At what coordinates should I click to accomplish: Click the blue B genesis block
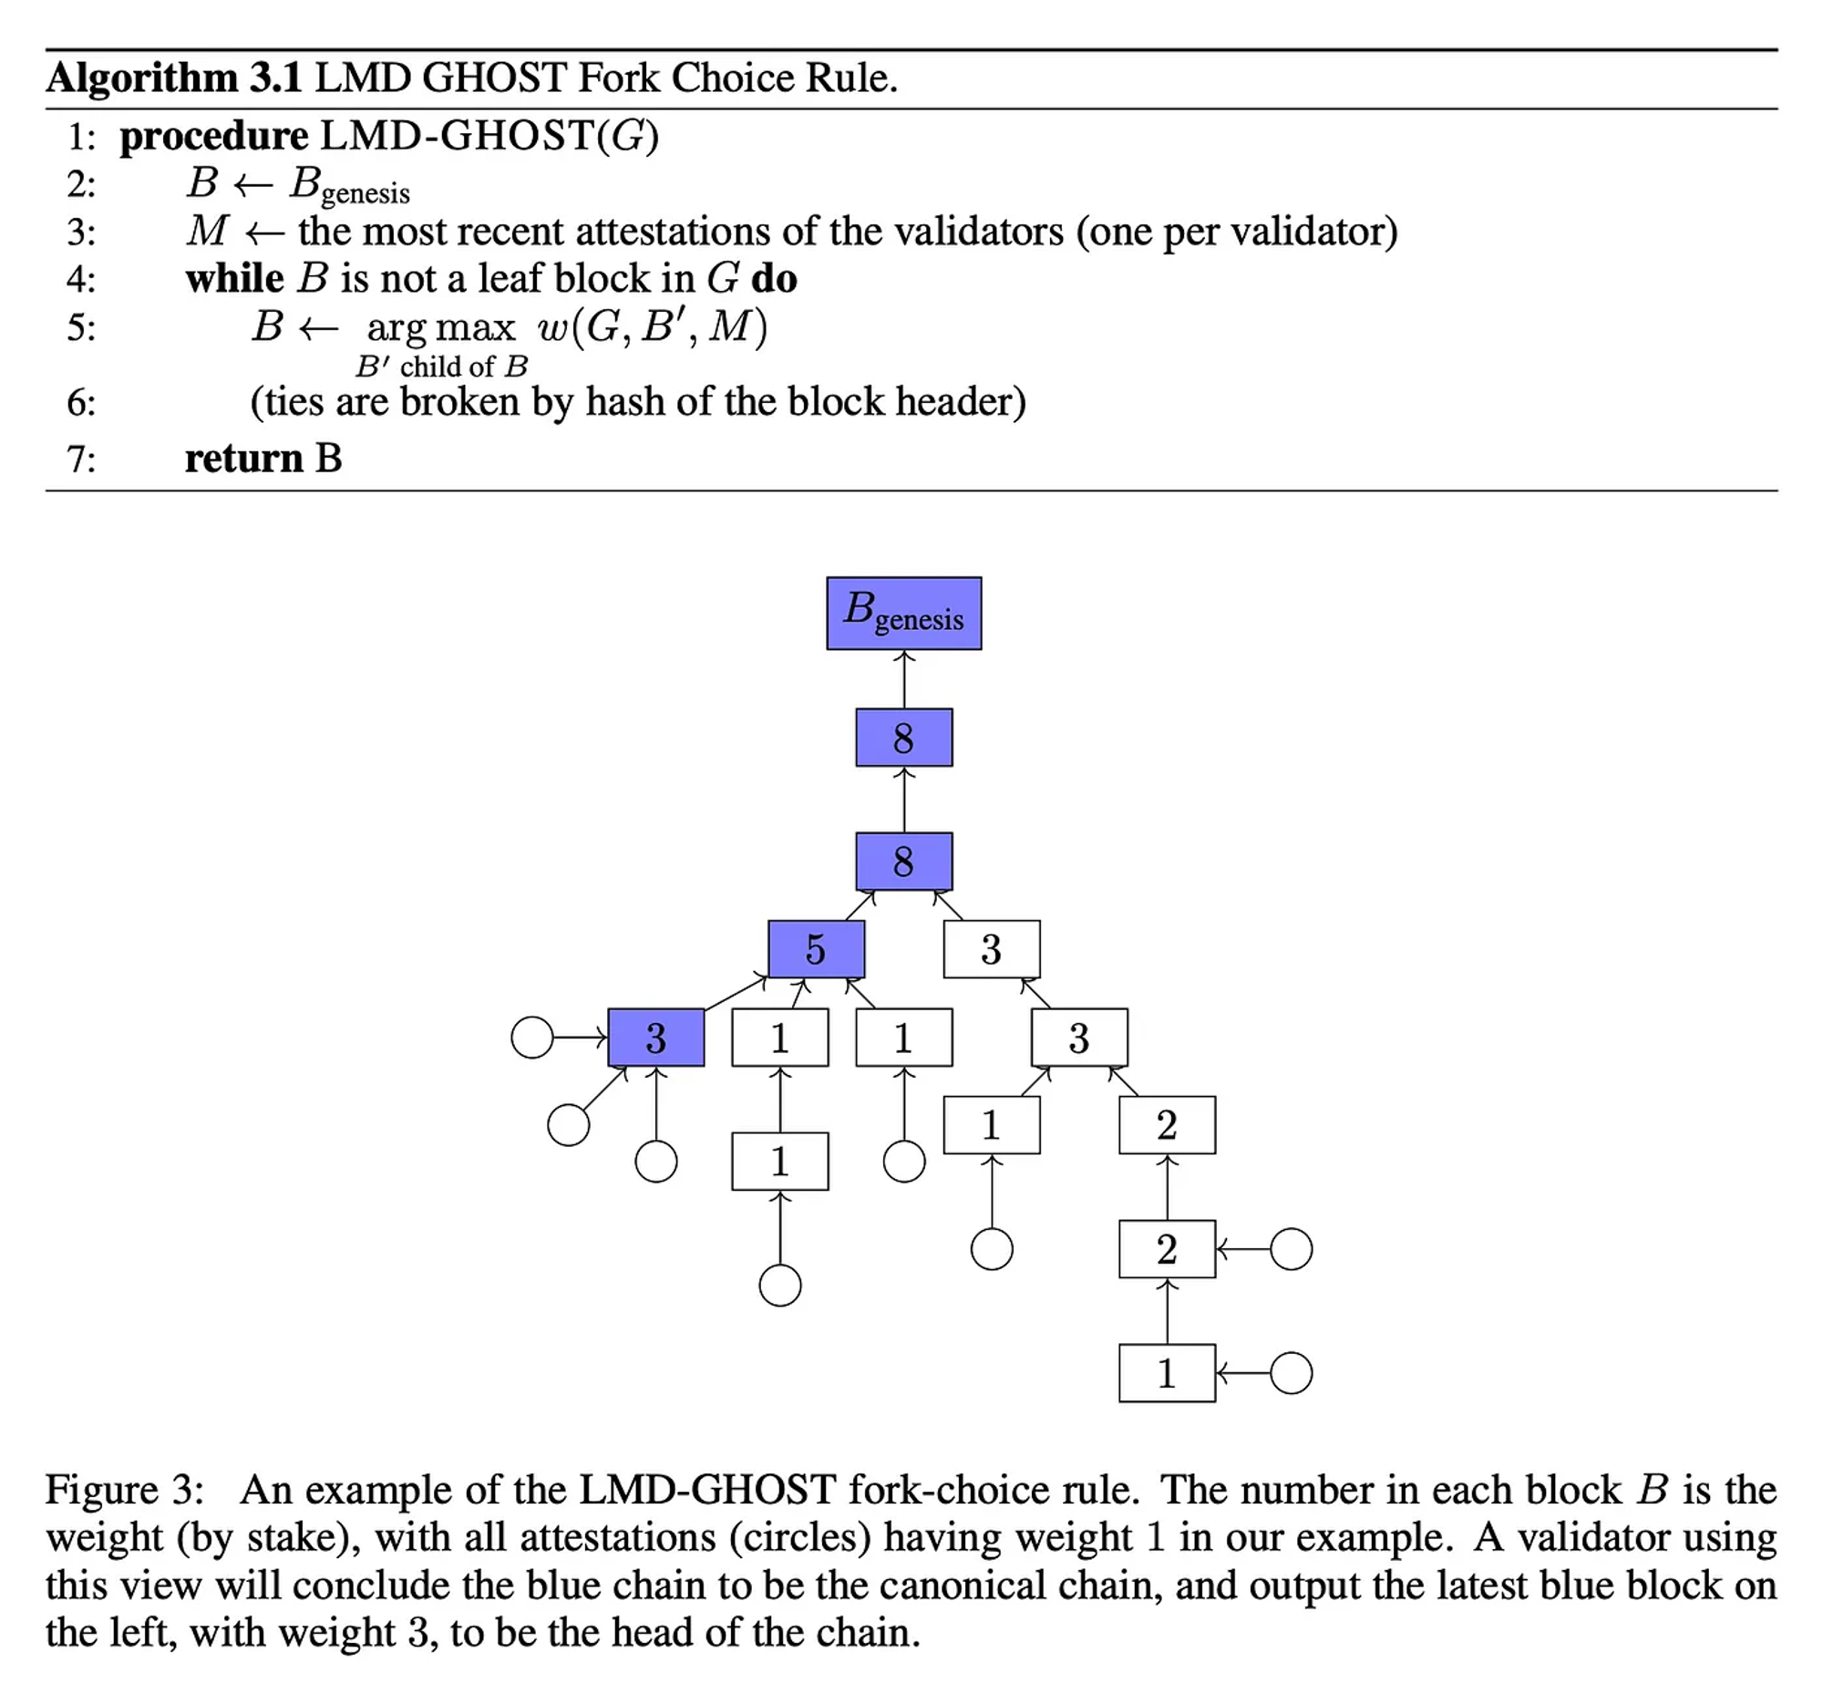tap(903, 613)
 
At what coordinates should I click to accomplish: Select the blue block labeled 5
tap(816, 949)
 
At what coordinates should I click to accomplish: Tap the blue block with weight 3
tap(655, 1038)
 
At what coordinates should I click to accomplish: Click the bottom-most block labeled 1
tap(1167, 1373)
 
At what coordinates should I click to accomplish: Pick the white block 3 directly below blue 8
tap(991, 949)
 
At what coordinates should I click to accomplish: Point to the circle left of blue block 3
tap(532, 1038)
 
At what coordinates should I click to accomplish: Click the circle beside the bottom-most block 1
tap(1291, 1373)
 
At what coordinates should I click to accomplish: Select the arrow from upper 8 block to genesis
tap(903, 679)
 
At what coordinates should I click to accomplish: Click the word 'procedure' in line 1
tap(214, 137)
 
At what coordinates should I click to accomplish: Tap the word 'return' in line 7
tap(243, 458)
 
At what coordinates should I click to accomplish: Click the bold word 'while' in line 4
tap(234, 278)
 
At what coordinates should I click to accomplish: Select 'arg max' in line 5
tap(440, 327)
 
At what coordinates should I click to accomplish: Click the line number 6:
tap(81, 402)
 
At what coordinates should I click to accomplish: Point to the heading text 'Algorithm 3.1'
tap(174, 78)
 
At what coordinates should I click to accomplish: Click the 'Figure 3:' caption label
tap(125, 1490)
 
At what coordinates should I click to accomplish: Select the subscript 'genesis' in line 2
tap(366, 194)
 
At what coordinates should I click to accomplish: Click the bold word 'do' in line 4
tap(774, 278)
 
